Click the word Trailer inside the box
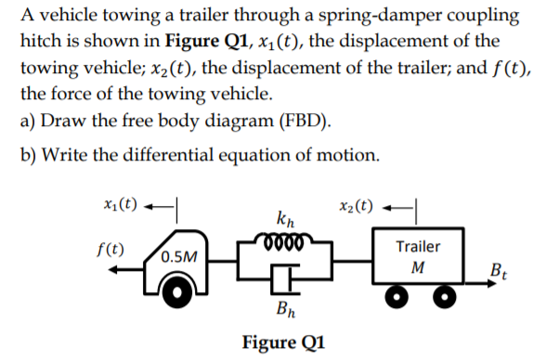(x=418, y=247)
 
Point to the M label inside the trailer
(x=418, y=267)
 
